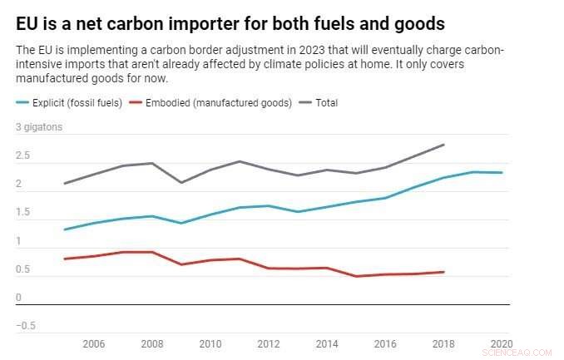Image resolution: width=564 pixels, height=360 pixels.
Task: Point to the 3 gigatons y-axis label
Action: point(39,128)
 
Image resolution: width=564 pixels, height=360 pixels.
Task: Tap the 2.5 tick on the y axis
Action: point(23,156)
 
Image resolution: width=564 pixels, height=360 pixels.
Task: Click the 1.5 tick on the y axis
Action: point(23,213)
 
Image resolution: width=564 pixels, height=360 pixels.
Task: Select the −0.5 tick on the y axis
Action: point(26,326)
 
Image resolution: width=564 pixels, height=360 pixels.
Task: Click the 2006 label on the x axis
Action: point(94,343)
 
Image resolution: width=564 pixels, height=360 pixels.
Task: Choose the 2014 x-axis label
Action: point(326,343)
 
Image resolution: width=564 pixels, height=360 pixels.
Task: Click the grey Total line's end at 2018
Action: point(443,145)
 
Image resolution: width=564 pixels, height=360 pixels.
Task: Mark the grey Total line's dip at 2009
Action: point(181,183)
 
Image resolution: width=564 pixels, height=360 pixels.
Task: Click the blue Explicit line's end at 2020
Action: point(502,173)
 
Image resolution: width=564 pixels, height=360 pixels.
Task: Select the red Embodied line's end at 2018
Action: point(443,272)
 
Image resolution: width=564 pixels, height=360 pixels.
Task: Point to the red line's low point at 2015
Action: point(356,276)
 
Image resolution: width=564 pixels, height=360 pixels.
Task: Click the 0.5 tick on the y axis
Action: point(23,269)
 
